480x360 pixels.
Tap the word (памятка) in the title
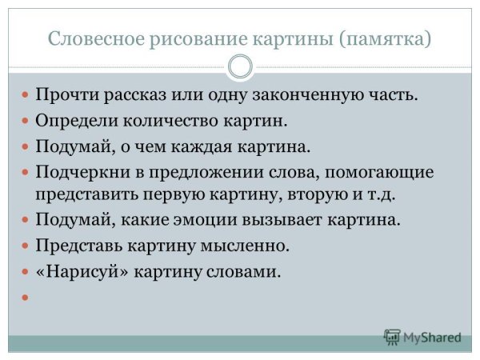[385, 38]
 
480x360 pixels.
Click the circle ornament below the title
[240, 66]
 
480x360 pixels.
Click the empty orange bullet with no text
[25, 297]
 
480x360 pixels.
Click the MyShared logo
[423, 337]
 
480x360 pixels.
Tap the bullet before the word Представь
[25, 245]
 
